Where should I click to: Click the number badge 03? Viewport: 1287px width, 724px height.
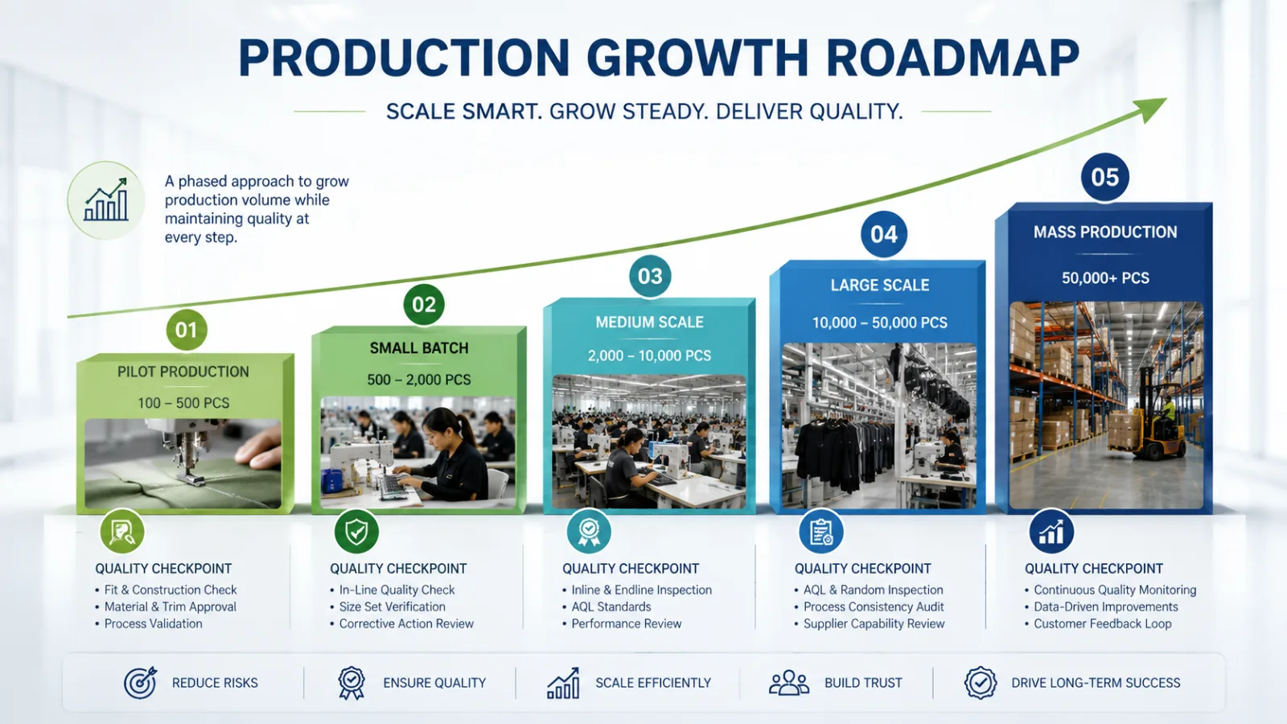pos(650,277)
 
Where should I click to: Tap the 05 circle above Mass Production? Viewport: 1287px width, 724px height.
pos(1104,177)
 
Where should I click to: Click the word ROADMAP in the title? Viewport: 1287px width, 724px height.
pos(952,57)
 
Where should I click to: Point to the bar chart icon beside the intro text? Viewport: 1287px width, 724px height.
pos(106,200)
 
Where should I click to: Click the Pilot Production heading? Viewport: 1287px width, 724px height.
pos(183,372)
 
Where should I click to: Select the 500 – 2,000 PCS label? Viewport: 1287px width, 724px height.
pos(419,380)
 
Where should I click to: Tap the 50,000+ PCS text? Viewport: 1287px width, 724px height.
pos(1105,278)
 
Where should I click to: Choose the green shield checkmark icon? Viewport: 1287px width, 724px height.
pos(356,532)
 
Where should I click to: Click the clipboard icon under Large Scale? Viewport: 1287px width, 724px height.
pos(821,532)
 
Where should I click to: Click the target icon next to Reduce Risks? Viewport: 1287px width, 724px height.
pos(140,682)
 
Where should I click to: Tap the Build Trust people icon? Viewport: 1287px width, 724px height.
pos(789,683)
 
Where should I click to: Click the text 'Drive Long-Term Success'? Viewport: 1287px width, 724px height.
pos(1096,683)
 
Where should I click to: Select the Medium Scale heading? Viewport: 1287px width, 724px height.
pos(649,322)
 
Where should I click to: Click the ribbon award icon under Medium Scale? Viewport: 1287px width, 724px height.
pos(589,532)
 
